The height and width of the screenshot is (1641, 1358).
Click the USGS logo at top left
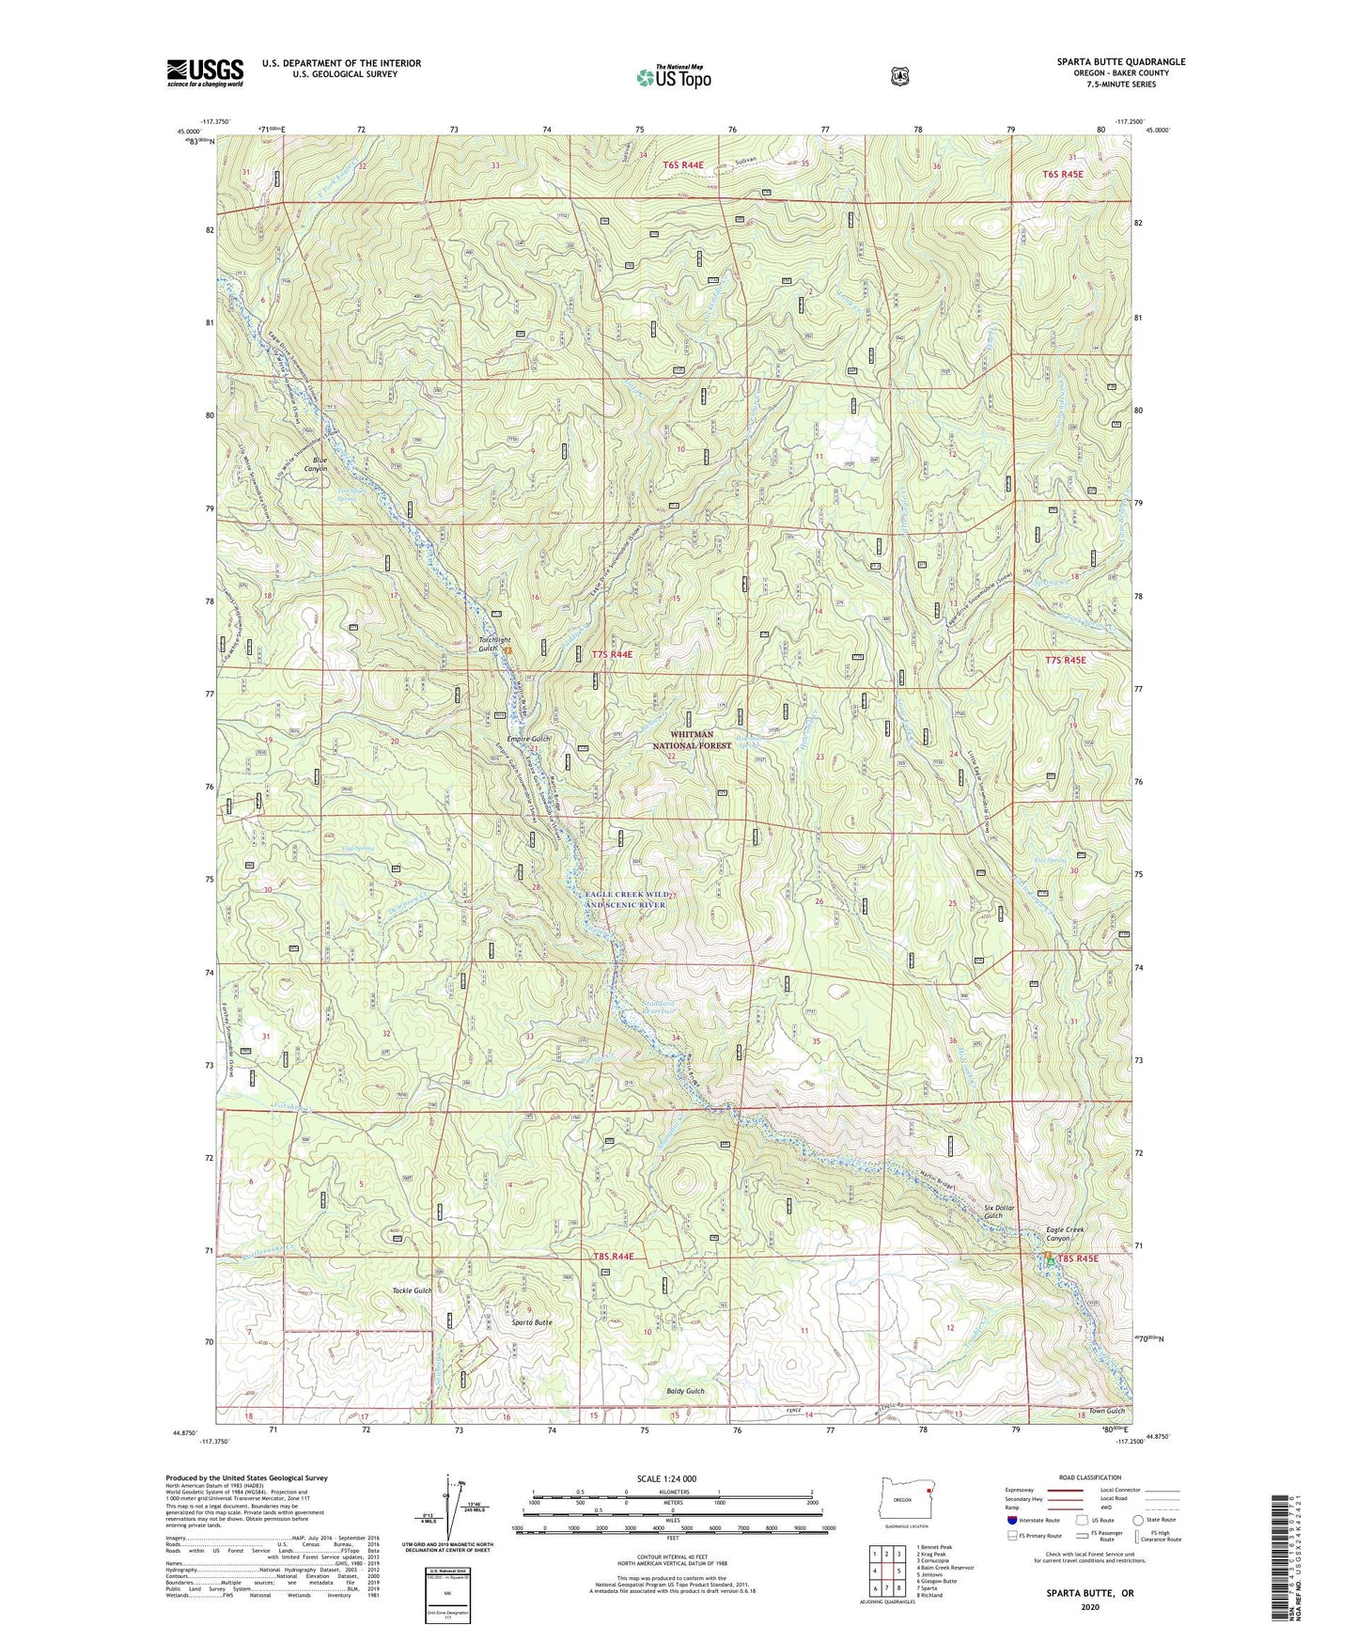point(205,71)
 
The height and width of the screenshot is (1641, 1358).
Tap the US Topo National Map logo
point(672,77)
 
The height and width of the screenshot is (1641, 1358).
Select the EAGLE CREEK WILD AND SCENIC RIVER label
point(626,899)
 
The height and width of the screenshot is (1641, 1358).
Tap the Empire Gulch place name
point(528,740)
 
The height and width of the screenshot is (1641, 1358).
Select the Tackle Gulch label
point(412,1290)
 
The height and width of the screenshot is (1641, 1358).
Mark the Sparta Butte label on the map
point(531,1321)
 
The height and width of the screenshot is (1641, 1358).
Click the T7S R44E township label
point(612,654)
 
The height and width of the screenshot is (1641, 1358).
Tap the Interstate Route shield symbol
point(1010,1520)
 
